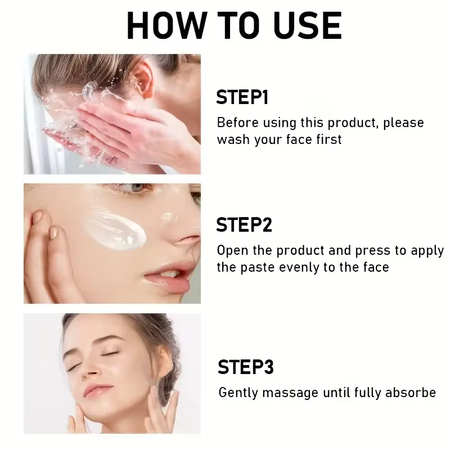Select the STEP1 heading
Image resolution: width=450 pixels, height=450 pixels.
coord(242,97)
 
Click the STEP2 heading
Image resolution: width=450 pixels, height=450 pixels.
coord(244,225)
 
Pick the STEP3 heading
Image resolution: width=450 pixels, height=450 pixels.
coord(245,367)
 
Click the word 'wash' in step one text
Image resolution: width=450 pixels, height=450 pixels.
coord(233,139)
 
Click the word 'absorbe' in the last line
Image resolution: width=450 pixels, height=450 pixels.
coord(409,392)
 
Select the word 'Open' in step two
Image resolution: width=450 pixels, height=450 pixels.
coord(231,251)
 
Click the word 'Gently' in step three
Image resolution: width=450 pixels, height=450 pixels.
coord(237,393)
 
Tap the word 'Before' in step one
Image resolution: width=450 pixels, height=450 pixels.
coord(236,123)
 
